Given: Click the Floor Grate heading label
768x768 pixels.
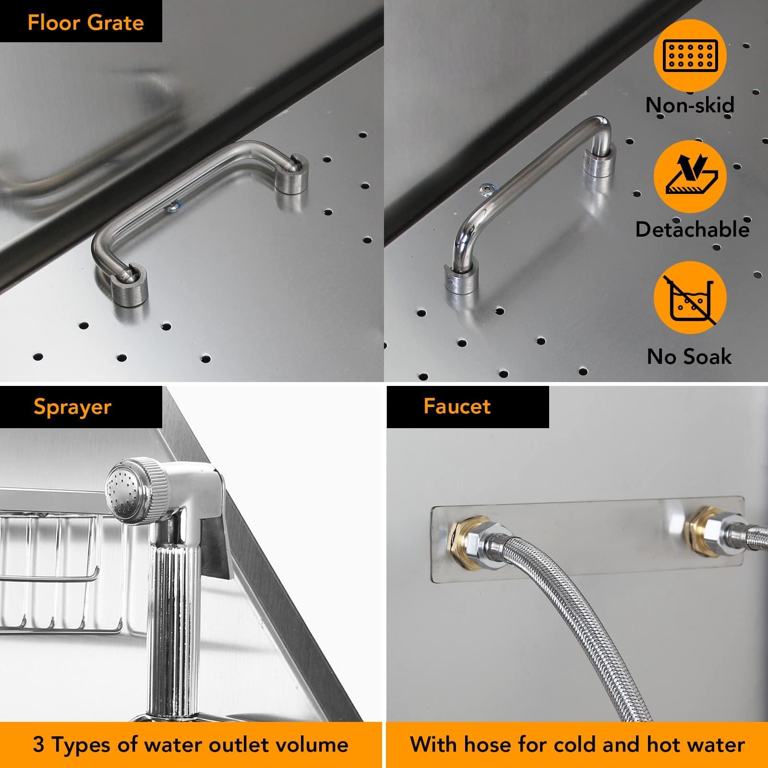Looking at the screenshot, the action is [x=86, y=23].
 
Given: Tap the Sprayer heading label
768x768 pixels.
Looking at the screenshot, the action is [x=72, y=407].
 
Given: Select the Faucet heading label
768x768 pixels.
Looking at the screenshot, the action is [x=457, y=407].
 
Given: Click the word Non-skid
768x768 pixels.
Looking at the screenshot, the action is [x=690, y=105].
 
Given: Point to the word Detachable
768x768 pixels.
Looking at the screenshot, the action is [x=692, y=229].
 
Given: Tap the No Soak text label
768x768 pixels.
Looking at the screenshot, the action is [x=689, y=357].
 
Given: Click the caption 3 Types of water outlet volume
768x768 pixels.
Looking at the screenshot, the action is [x=191, y=744].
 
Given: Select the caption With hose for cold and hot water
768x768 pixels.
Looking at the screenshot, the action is [x=577, y=744].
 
